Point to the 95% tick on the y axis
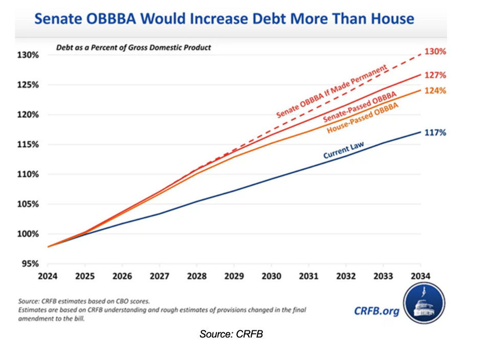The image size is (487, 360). [28, 264]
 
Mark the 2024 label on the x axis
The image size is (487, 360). [48, 276]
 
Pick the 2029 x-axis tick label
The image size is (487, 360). [234, 276]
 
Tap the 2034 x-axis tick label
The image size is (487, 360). [420, 276]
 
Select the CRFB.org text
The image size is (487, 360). [377, 311]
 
